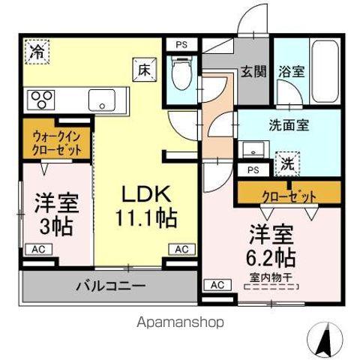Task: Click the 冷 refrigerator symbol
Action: click(37, 52)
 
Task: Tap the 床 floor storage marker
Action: click(144, 70)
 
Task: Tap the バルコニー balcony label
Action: click(109, 285)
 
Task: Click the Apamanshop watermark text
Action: click(179, 321)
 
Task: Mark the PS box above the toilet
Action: click(181, 44)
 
